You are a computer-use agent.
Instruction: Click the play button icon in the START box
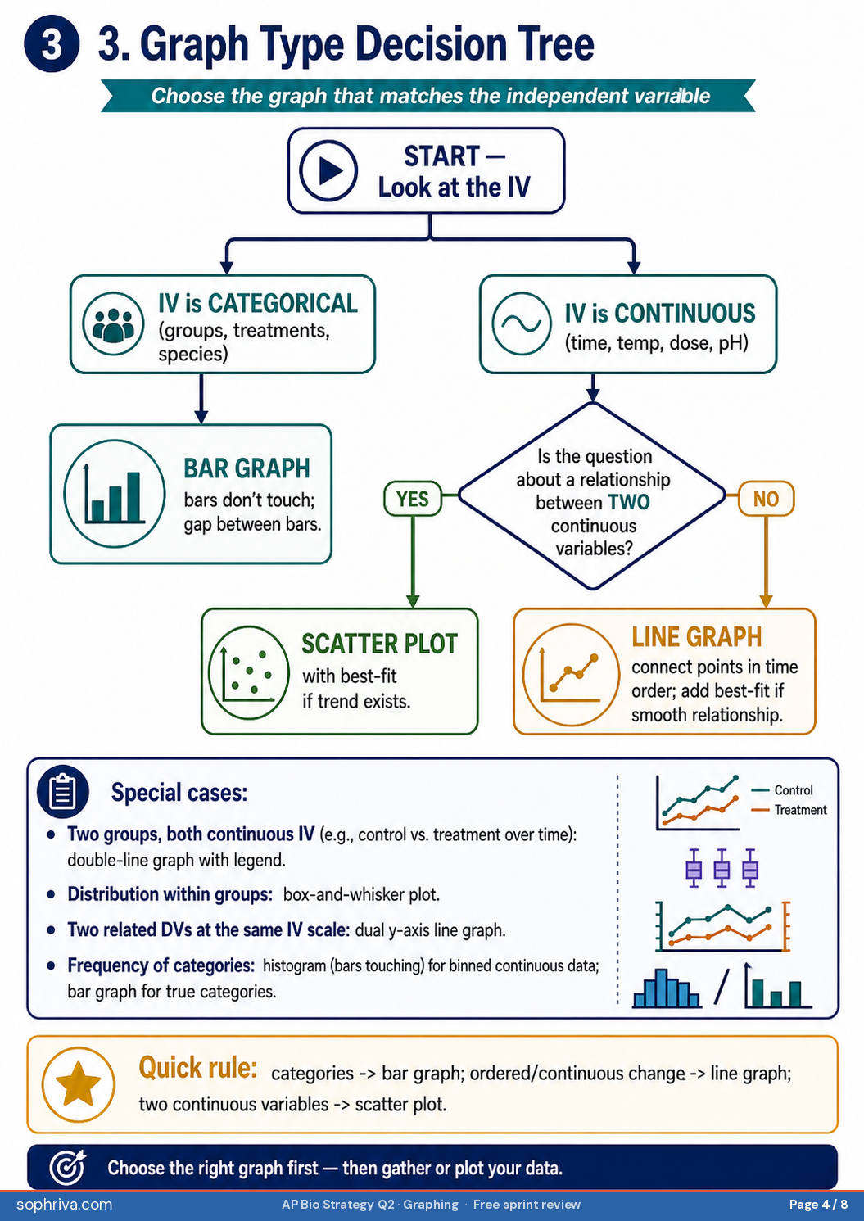328,170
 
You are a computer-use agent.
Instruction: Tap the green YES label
413,498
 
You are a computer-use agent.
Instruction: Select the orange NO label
766,498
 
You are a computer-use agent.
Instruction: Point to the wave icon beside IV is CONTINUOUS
521,323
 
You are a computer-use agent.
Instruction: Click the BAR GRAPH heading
247,468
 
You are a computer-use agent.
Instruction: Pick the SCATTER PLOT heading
379,644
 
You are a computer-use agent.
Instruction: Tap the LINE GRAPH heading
697,636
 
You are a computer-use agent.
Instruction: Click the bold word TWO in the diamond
629,502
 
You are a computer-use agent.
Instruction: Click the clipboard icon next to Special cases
63,791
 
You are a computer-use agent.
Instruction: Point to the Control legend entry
781,789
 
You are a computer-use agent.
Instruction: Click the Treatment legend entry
789,809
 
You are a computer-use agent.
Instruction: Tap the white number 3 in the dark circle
52,44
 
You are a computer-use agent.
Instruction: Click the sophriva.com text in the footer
65,1204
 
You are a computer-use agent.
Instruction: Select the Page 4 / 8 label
818,1204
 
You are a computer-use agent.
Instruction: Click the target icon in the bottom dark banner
68,1167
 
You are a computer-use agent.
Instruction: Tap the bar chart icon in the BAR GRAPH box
115,494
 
